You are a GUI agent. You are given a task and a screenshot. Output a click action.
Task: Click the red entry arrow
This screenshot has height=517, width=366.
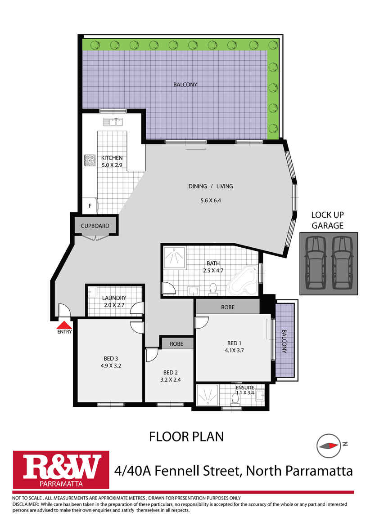tap(65, 325)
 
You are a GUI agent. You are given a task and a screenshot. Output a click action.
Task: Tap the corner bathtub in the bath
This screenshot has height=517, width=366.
tap(244, 281)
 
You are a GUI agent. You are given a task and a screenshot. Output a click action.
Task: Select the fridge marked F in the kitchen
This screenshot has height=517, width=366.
tap(90, 205)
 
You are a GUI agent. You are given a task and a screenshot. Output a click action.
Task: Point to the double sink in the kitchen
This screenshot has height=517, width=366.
tap(113, 121)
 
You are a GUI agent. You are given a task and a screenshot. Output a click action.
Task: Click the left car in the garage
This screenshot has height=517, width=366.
tap(315, 263)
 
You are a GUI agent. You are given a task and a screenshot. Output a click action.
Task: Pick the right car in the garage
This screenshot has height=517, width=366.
tap(342, 263)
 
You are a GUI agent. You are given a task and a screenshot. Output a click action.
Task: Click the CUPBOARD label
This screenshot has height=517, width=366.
tap(95, 226)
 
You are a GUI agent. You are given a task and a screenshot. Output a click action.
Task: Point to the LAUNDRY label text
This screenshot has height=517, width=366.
tap(113, 298)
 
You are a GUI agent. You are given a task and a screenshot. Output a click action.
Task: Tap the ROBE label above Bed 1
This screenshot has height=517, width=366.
tap(227, 308)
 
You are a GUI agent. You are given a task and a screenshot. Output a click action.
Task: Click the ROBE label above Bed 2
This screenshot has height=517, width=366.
tap(176, 343)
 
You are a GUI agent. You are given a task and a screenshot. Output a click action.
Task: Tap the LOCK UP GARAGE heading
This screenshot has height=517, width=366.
tap(327, 220)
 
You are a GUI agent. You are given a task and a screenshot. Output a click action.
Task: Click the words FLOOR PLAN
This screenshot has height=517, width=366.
tap(186, 436)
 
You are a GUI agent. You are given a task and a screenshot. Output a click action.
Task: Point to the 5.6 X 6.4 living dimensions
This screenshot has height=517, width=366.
tap(210, 200)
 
